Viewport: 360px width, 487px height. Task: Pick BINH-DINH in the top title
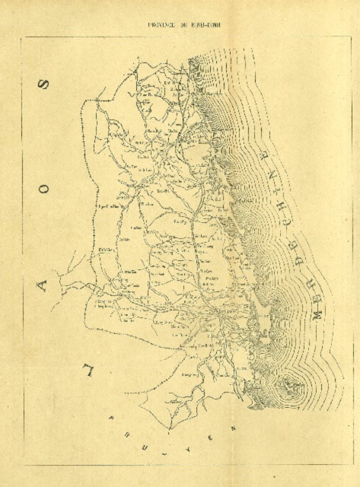click(204, 24)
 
